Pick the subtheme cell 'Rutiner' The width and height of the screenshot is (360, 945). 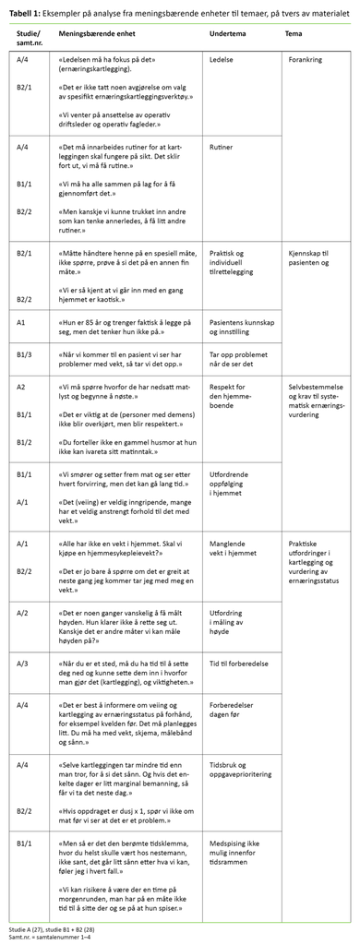(222, 146)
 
